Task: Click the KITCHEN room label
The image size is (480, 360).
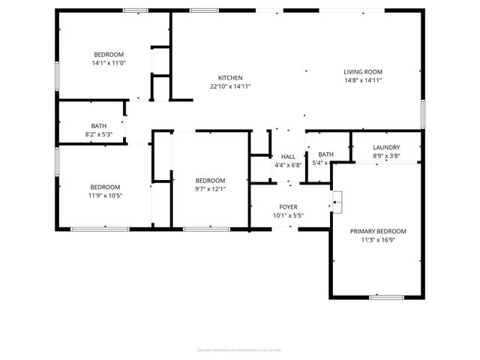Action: pyautogui.click(x=230, y=78)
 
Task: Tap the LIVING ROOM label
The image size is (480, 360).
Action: pyautogui.click(x=364, y=71)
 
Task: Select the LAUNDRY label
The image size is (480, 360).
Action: pyautogui.click(x=386, y=148)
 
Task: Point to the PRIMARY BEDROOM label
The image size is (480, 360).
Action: pyautogui.click(x=378, y=232)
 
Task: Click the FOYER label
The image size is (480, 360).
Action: pyautogui.click(x=289, y=207)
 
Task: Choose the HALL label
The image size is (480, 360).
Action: pyautogui.click(x=288, y=156)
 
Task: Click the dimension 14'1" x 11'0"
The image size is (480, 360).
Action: pyautogui.click(x=109, y=63)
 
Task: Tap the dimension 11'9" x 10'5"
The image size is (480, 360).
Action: pyautogui.click(x=106, y=196)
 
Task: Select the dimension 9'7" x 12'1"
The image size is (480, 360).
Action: pyautogui.click(x=210, y=189)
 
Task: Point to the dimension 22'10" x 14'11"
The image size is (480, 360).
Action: pyautogui.click(x=230, y=86)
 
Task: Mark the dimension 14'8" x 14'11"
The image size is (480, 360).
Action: pyautogui.click(x=364, y=80)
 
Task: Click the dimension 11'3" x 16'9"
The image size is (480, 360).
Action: pyautogui.click(x=378, y=241)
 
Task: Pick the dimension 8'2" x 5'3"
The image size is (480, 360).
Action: pyautogui.click(x=99, y=134)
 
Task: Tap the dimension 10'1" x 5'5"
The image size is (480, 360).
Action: pyautogui.click(x=289, y=216)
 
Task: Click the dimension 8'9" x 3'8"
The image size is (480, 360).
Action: pyautogui.click(x=386, y=156)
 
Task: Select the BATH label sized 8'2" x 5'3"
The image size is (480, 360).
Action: pyautogui.click(x=99, y=126)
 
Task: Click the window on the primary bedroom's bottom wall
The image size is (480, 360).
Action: pyautogui.click(x=387, y=298)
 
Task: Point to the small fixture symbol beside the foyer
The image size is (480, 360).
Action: pyautogui.click(x=337, y=198)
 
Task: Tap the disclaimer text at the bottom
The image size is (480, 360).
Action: pyautogui.click(x=240, y=349)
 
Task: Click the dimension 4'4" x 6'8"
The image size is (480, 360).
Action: pyautogui.click(x=288, y=164)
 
